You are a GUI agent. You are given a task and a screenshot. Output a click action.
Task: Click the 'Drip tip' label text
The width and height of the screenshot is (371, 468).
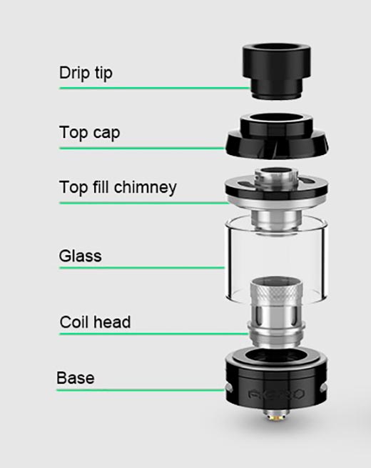pyautogui.click(x=86, y=73)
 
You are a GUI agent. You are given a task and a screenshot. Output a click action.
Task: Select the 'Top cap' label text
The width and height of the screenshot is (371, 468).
pyautogui.click(x=89, y=132)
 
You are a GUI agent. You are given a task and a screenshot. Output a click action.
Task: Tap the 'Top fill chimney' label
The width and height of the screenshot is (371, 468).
pyautogui.click(x=118, y=187)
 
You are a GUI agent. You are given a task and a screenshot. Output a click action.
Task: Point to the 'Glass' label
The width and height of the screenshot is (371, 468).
pyautogui.click(x=80, y=256)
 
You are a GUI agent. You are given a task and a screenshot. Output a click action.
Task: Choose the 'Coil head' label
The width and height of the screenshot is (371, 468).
pyautogui.click(x=95, y=322)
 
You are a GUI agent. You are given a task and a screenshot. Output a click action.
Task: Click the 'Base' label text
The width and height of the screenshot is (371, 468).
pyautogui.click(x=76, y=378)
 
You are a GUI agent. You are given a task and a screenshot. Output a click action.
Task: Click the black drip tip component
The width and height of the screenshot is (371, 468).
pyautogui.click(x=277, y=71)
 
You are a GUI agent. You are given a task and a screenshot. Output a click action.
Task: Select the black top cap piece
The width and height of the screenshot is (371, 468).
pyautogui.click(x=277, y=136)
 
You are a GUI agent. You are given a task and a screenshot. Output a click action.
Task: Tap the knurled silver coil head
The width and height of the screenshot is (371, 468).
pyautogui.click(x=276, y=312)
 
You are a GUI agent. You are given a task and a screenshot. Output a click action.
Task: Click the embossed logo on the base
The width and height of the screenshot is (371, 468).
pyautogui.click(x=276, y=394)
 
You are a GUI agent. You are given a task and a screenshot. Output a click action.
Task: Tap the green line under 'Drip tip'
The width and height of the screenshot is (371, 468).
pyautogui.click(x=155, y=88)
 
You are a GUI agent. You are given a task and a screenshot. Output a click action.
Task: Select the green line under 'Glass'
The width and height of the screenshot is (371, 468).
pyautogui.click(x=142, y=268)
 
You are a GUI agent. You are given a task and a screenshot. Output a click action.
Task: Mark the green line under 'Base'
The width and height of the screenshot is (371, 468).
pyautogui.click(x=141, y=390)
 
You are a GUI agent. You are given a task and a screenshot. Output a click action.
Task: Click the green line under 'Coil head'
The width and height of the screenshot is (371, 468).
pyautogui.click(x=154, y=334)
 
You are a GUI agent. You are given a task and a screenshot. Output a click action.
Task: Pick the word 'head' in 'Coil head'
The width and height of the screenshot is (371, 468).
pyautogui.click(x=112, y=322)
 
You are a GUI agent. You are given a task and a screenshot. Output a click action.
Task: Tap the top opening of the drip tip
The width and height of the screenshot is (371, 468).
pyautogui.click(x=277, y=49)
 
